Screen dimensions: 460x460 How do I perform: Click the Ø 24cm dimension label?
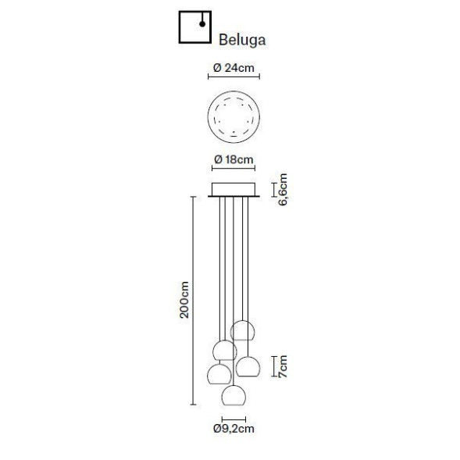point(234,69)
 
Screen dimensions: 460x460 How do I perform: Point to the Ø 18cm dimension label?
point(234,160)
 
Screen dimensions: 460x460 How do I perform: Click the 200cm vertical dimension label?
point(184,300)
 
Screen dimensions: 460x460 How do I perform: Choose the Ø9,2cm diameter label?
point(234,428)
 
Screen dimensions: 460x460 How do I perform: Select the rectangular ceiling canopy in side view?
point(234,190)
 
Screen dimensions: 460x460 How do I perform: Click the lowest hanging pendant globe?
point(234,394)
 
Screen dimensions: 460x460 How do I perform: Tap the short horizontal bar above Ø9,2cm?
point(234,418)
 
